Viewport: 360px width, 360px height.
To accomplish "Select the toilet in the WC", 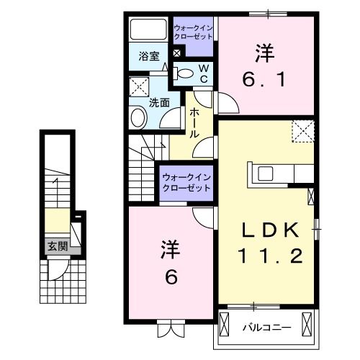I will click(x=186, y=72).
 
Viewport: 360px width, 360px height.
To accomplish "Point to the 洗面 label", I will click(x=160, y=102).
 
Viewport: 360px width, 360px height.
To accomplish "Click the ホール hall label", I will click(x=194, y=122).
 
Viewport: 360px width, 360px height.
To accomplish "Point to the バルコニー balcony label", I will click(x=266, y=328).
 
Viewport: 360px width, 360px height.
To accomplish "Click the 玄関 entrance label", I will click(x=58, y=246).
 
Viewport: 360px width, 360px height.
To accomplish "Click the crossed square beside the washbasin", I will click(x=138, y=87).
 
